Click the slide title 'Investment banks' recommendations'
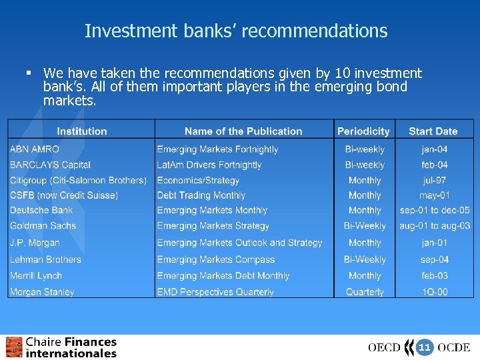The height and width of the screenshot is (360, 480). pyautogui.click(x=236, y=31)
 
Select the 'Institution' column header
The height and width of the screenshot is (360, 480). pyautogui.click(x=81, y=131)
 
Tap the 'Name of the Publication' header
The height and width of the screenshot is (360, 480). pyautogui.click(x=243, y=131)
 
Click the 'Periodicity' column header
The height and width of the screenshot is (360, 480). pyautogui.click(x=363, y=131)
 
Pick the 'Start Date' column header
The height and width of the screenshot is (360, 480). pyautogui.click(x=433, y=131)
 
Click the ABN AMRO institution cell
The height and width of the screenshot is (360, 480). pyautogui.click(x=35, y=149)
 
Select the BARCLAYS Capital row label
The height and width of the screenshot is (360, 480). pyautogui.click(x=50, y=165)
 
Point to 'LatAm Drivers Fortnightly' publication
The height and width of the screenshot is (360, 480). pyautogui.click(x=209, y=165)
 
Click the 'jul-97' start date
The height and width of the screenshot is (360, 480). pyautogui.click(x=434, y=180)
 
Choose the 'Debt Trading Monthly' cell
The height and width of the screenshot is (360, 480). pyautogui.click(x=201, y=195)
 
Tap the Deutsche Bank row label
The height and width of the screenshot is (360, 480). pyautogui.click(x=41, y=211)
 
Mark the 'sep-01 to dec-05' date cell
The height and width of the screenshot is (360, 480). pyautogui.click(x=435, y=211)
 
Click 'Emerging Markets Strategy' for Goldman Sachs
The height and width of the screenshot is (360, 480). pyautogui.click(x=213, y=226)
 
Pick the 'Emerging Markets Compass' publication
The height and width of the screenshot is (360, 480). pyautogui.click(x=216, y=259)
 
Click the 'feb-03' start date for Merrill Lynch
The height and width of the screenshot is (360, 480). pyautogui.click(x=434, y=275)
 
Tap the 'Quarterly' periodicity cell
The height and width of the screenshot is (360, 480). pyautogui.click(x=365, y=292)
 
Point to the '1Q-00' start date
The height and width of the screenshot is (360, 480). pyautogui.click(x=434, y=292)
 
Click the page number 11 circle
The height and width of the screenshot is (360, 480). pyautogui.click(x=425, y=347)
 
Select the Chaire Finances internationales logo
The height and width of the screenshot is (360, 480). pyautogui.click(x=61, y=347)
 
